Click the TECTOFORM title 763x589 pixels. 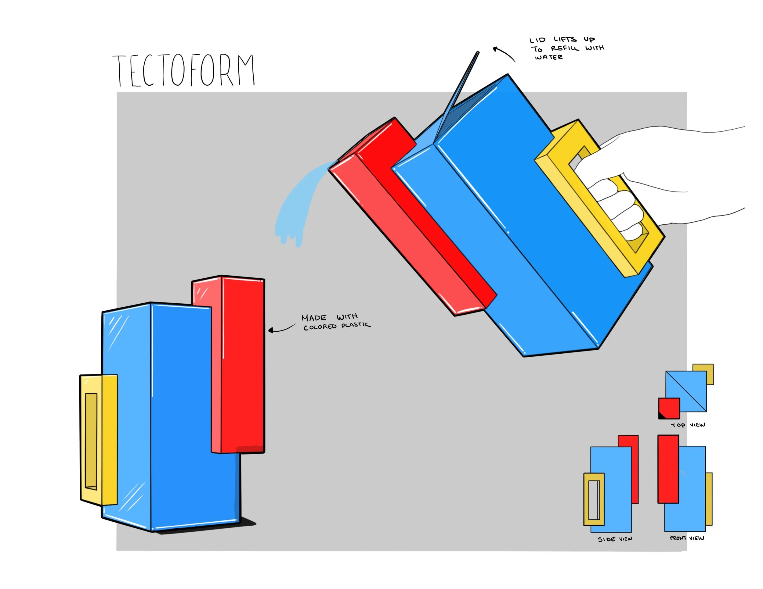click(x=184, y=70)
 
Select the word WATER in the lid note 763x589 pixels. click(x=548, y=57)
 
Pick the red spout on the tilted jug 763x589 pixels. click(x=412, y=216)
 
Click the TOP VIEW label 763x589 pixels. click(x=688, y=425)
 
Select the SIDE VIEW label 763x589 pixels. click(x=615, y=539)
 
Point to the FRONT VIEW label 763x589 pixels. click(x=687, y=538)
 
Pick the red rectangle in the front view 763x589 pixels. click(x=668, y=469)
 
